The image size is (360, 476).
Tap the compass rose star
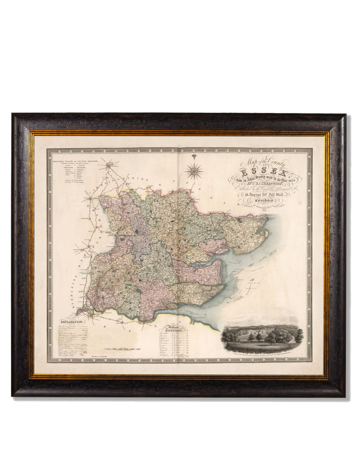[x=194, y=171]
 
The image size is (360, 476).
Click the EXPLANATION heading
[x=72, y=323]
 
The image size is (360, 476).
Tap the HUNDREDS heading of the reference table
[x=168, y=331]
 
